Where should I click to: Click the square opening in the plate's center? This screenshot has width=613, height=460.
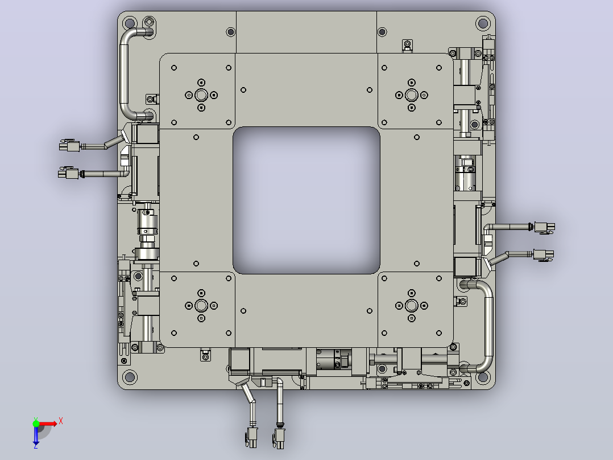[306, 200]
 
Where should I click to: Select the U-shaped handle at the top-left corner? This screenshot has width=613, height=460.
[125, 75]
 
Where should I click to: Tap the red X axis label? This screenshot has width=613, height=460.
[61, 421]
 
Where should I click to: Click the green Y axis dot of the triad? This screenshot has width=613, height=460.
[36, 423]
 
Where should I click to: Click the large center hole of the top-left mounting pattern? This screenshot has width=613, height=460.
[201, 95]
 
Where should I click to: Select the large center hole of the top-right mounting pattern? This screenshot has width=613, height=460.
[412, 95]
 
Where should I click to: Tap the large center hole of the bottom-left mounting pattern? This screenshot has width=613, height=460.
[201, 306]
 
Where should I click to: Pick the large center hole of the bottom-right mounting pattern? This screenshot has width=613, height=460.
[412, 306]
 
